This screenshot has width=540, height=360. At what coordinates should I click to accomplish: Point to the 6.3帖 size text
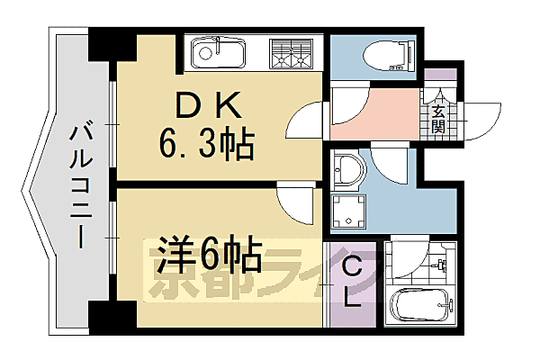[206, 141]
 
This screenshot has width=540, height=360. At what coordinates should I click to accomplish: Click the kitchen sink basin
[217, 51]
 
